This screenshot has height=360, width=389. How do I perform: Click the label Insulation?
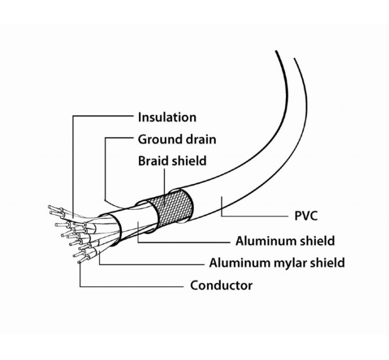pyautogui.click(x=167, y=117)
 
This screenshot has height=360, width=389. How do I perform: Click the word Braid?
pyautogui.click(x=153, y=161)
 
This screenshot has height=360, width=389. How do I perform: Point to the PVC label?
pyautogui.click(x=306, y=216)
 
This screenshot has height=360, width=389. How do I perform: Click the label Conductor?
pyautogui.click(x=221, y=285)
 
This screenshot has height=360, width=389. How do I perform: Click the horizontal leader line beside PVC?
pyautogui.click(x=255, y=216)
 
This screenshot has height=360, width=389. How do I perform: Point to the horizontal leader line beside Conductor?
pyautogui.click(x=132, y=287)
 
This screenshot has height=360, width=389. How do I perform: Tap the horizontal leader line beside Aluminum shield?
pyautogui.click(x=184, y=242)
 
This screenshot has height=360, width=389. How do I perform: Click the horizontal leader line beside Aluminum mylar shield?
pyautogui.click(x=152, y=265)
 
